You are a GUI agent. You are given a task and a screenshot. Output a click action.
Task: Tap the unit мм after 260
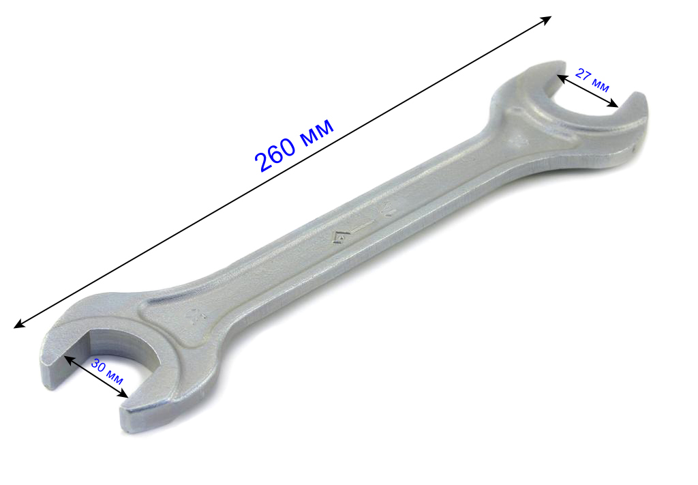click(316, 130)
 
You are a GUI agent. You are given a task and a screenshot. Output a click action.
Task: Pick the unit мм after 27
click(601, 85)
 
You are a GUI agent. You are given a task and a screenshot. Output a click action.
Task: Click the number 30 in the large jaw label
click(98, 366)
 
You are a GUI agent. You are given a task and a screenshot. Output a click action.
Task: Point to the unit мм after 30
click(115, 378)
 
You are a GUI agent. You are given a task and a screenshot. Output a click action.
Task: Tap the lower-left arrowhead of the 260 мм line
click(19, 324)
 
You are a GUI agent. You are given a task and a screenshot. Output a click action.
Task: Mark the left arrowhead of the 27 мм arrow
click(562, 78)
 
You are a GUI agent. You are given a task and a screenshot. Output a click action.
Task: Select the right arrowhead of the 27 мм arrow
click(613, 104)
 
